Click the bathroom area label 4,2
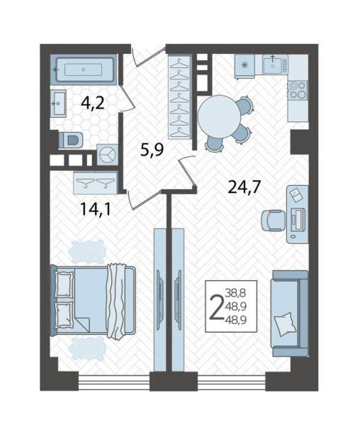click(x=93, y=104)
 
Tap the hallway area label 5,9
click(x=152, y=150)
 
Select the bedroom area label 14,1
click(x=96, y=209)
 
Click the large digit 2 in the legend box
click(x=216, y=306)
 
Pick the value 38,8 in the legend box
click(x=235, y=292)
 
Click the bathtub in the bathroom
click(x=85, y=69)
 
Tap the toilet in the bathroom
click(x=71, y=140)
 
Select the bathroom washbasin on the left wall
click(x=58, y=104)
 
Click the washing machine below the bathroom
click(x=108, y=155)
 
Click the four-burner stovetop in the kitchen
click(x=298, y=90)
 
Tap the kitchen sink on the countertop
click(x=273, y=65)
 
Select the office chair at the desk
click(x=273, y=220)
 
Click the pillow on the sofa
click(x=283, y=324)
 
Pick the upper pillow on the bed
click(x=64, y=284)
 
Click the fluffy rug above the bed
click(x=87, y=252)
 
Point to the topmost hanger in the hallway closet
click(x=179, y=63)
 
